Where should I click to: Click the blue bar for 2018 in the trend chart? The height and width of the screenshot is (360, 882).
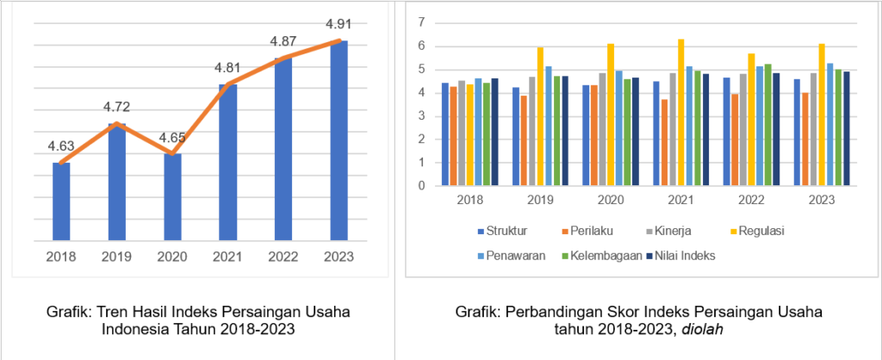[61, 201]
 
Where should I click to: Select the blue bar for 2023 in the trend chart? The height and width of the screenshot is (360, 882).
[339, 140]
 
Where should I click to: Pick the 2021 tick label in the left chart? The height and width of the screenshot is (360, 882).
[228, 256]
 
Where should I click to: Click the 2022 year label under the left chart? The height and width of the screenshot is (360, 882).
[283, 256]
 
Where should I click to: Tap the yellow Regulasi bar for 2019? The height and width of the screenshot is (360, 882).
[540, 116]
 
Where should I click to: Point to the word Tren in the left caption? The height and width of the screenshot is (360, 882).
[111, 311]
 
